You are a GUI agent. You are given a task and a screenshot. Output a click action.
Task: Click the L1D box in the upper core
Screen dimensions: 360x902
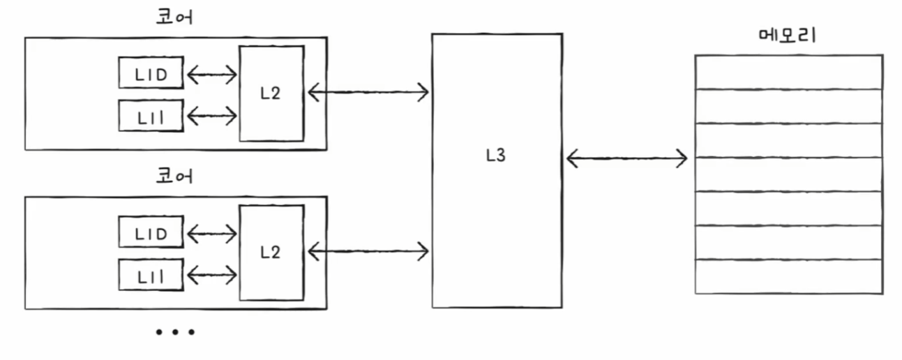pyautogui.click(x=151, y=73)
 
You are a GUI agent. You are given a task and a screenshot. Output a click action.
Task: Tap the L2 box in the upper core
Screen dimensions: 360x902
pyautogui.click(x=271, y=93)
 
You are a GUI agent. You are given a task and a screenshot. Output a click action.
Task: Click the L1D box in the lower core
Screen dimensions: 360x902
pyautogui.click(x=151, y=232)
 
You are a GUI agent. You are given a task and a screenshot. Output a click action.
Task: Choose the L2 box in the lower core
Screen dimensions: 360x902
pyautogui.click(x=271, y=253)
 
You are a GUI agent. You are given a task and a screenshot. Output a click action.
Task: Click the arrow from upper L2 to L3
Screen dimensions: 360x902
pyautogui.click(x=368, y=91)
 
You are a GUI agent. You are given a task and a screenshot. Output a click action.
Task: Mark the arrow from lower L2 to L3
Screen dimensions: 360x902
pyautogui.click(x=368, y=250)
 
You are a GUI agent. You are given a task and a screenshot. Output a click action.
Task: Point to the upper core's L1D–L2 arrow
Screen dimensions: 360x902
pyautogui.click(x=212, y=74)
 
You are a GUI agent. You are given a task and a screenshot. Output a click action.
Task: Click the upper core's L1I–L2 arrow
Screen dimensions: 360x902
pyautogui.click(x=212, y=116)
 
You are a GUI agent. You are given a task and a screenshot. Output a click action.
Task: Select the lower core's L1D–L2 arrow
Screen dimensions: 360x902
pyautogui.click(x=212, y=233)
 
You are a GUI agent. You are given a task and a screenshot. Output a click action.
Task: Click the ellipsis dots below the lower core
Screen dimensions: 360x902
pyautogui.click(x=175, y=332)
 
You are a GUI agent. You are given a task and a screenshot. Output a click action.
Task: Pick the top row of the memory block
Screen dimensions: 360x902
pyautogui.click(x=788, y=72)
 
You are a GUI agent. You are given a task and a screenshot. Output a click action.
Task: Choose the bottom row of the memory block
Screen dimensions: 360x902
pyautogui.click(x=788, y=276)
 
